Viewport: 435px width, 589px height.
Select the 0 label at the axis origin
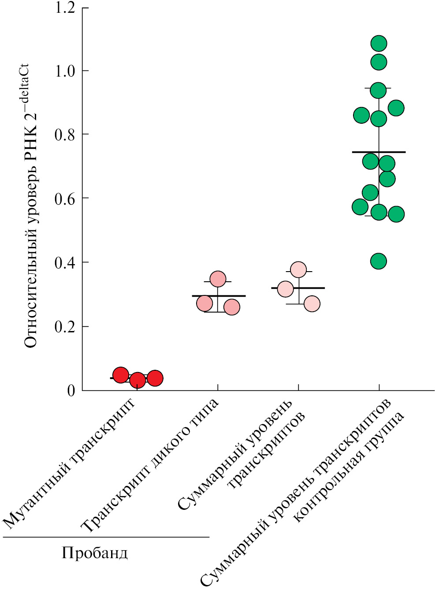[x=71, y=391]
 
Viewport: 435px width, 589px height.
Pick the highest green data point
[x=379, y=44]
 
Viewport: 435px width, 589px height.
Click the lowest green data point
[x=379, y=261]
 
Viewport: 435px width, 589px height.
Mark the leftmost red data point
[x=121, y=375]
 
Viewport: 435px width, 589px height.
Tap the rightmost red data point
[x=155, y=378]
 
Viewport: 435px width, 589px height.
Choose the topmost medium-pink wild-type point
[x=218, y=279]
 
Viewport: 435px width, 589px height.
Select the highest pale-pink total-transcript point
[x=298, y=269]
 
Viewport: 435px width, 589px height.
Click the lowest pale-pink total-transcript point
[x=312, y=304]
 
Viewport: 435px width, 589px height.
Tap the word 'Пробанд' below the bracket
[x=95, y=553]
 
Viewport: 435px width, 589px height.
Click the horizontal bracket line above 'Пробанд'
[x=106, y=537]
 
